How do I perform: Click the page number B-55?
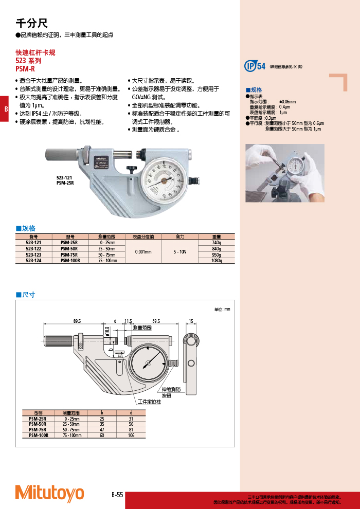tap(117, 495)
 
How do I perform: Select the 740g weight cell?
tap(216, 242)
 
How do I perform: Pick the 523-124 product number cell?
tap(34, 261)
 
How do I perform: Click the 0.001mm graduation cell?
tap(143, 251)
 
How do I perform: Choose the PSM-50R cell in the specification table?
tap(70, 248)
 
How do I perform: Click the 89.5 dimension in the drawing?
tap(77, 321)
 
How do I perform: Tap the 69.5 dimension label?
tap(156, 321)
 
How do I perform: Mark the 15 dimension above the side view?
tap(191, 321)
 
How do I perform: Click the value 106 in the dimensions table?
tap(131, 435)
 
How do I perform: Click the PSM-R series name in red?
tap(25, 67)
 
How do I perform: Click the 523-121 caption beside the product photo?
tap(65, 177)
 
